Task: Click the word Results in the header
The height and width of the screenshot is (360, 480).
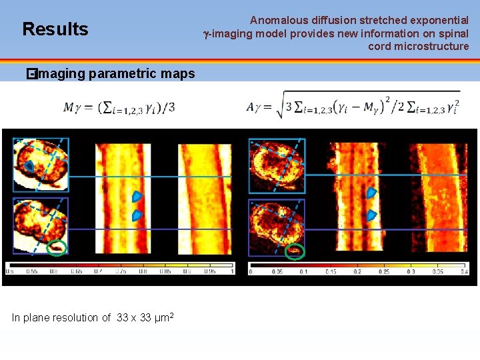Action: pyautogui.click(x=55, y=29)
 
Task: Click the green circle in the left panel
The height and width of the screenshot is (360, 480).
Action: pyautogui.click(x=58, y=248)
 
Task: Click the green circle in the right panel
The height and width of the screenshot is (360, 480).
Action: pyautogui.click(x=294, y=251)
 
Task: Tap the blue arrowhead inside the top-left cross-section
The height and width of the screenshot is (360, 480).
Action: pyautogui.click(x=30, y=165)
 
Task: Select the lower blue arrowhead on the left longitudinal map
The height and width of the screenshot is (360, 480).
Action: pyautogui.click(x=137, y=215)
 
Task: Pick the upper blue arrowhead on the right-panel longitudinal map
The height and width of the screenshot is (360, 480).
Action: pyautogui.click(x=372, y=193)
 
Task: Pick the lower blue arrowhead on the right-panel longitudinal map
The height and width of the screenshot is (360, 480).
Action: pyautogui.click(x=372, y=215)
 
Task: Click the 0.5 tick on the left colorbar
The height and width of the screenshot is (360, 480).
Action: pyautogui.click(x=10, y=271)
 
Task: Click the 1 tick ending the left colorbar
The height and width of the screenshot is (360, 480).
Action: pyautogui.click(x=231, y=271)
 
